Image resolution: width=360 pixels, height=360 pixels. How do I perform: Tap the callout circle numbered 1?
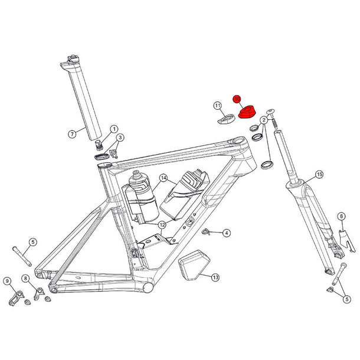114,129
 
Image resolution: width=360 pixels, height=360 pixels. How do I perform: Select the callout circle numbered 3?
120,138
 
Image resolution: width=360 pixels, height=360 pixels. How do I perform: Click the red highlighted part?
247,112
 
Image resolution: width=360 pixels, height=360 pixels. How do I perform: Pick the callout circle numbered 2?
264,120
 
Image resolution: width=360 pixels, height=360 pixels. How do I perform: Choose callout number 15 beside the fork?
319,175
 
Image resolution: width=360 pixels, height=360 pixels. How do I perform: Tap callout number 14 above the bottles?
163,177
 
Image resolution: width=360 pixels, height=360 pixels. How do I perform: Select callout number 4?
227,234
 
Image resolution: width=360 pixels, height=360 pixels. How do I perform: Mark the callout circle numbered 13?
215,277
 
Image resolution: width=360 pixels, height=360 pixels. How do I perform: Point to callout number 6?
341,217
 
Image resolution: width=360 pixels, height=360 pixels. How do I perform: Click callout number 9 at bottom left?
8,280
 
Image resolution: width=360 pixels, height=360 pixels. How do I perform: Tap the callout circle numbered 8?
25,278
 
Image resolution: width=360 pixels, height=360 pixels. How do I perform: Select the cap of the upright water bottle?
138,175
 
